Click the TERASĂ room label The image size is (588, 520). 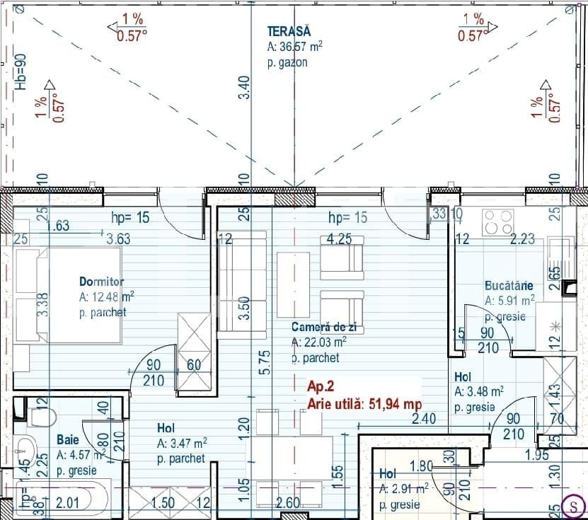[x=289, y=31]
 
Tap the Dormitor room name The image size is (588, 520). [x=102, y=282]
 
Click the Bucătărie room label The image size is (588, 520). [x=509, y=286]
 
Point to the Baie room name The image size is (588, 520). [x=68, y=440]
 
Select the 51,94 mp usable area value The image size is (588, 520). [x=394, y=403]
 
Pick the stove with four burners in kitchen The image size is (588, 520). [x=498, y=223]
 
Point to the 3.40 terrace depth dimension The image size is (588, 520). [x=243, y=87]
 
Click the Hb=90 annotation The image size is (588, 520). [x=21, y=71]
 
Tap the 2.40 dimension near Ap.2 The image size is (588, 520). [x=422, y=419]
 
